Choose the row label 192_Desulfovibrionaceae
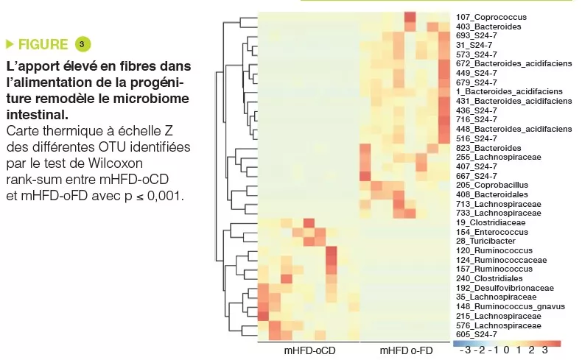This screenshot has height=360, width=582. [x=501, y=288]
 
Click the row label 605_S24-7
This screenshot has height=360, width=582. [x=475, y=334]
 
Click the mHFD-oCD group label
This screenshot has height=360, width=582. [x=309, y=351]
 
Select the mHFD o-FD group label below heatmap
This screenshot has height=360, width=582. [x=406, y=351]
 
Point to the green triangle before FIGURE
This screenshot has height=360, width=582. [x=10, y=44]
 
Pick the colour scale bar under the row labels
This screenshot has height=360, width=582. [x=507, y=342]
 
